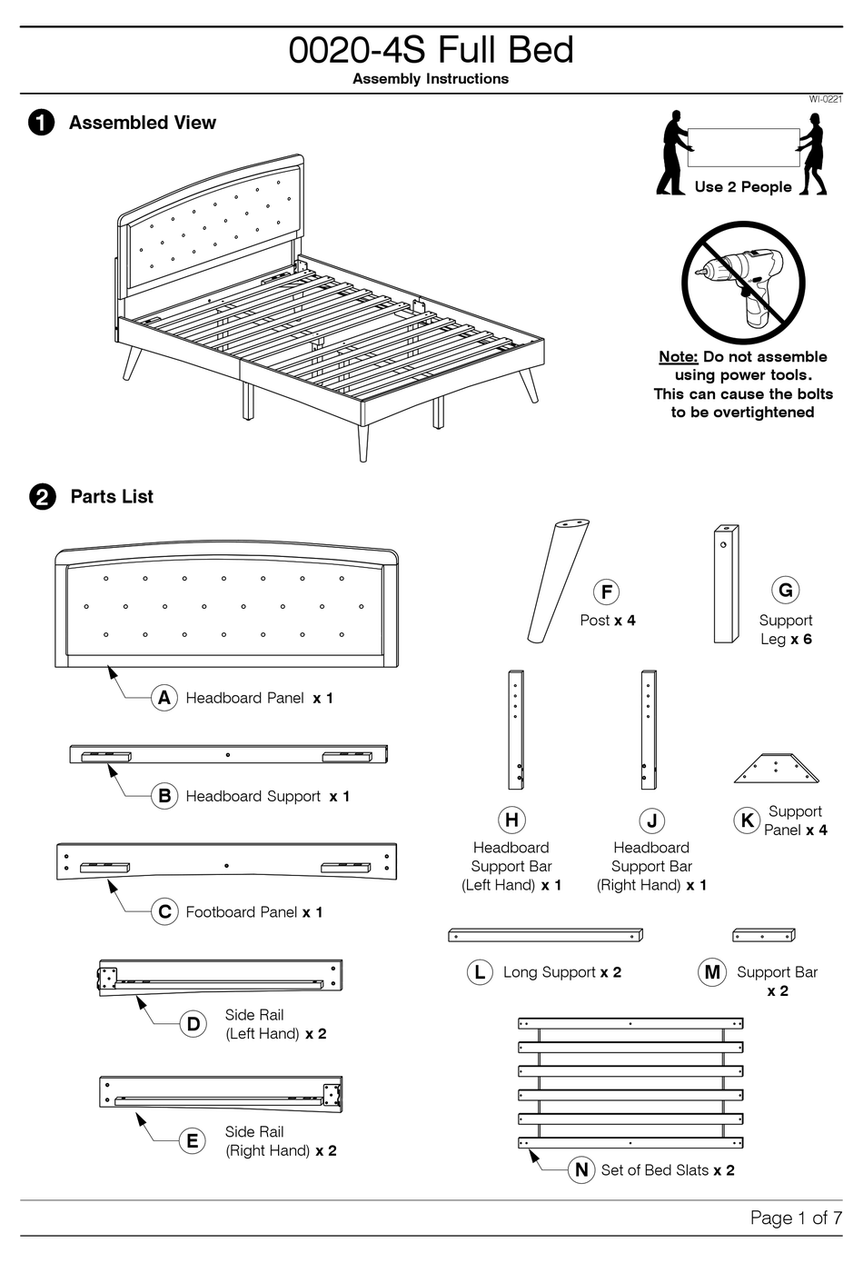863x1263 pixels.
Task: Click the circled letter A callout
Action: (164, 698)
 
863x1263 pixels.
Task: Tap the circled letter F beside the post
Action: (606, 592)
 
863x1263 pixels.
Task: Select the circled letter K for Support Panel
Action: (747, 820)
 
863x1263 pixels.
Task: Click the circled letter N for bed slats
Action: (581, 1169)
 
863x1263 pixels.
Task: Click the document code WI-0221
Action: (825, 99)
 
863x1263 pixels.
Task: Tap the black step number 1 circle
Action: (42, 123)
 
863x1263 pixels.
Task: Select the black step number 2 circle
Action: (42, 497)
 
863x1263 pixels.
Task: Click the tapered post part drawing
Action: (558, 582)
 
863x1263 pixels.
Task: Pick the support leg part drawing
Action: (726, 583)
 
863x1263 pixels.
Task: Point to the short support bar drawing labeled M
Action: (764, 935)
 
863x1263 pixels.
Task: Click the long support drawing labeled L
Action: (545, 935)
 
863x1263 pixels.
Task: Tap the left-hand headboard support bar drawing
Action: (515, 730)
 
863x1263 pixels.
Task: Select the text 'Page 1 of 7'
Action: (796, 1218)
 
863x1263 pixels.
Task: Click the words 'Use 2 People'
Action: (742, 187)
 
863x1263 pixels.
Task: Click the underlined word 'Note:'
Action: (678, 357)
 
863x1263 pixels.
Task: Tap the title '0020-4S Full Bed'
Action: (431, 50)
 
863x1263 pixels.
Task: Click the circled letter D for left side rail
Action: (193, 1024)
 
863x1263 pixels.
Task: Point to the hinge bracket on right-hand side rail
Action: (332, 1096)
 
